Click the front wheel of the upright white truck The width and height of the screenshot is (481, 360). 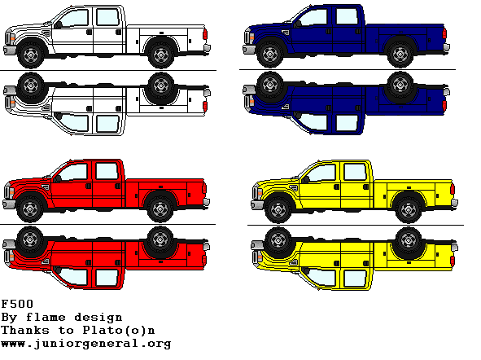(31, 55)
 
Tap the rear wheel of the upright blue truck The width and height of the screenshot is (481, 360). (400, 55)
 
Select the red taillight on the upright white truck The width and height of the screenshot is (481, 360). (205, 34)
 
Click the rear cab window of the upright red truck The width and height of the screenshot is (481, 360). (107, 171)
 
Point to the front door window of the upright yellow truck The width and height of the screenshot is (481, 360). (322, 173)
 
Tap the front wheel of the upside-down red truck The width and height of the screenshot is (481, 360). (30, 239)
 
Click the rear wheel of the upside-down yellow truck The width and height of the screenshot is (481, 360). (409, 240)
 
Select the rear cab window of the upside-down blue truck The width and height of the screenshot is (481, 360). (347, 122)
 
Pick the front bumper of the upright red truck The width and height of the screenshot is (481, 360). (9, 204)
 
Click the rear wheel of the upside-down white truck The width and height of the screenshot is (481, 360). (161, 86)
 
